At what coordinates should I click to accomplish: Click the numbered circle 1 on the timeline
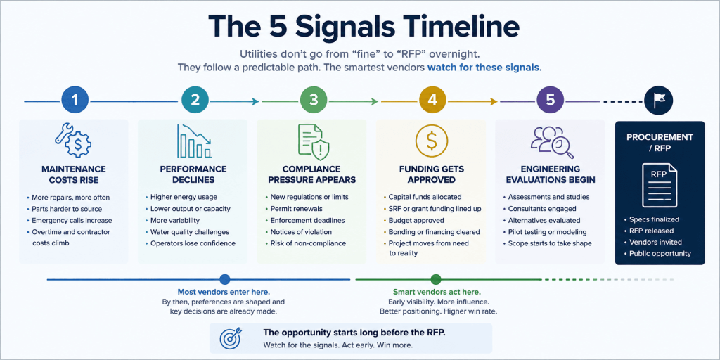click(75, 101)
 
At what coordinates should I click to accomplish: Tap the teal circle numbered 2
click(195, 101)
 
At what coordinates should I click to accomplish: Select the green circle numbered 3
click(314, 101)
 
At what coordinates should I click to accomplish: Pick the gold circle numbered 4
click(432, 101)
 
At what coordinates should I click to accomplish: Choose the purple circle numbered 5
click(550, 101)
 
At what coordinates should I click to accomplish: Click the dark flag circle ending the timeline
click(658, 101)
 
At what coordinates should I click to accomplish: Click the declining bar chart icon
click(194, 141)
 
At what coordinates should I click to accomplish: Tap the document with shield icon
click(314, 141)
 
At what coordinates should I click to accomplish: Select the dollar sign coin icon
click(432, 141)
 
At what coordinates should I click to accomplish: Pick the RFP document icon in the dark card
click(660, 185)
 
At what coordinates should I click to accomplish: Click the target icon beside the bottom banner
click(231, 339)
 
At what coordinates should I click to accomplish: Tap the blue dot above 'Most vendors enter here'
click(224, 279)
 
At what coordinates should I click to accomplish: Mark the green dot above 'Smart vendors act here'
click(436, 279)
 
